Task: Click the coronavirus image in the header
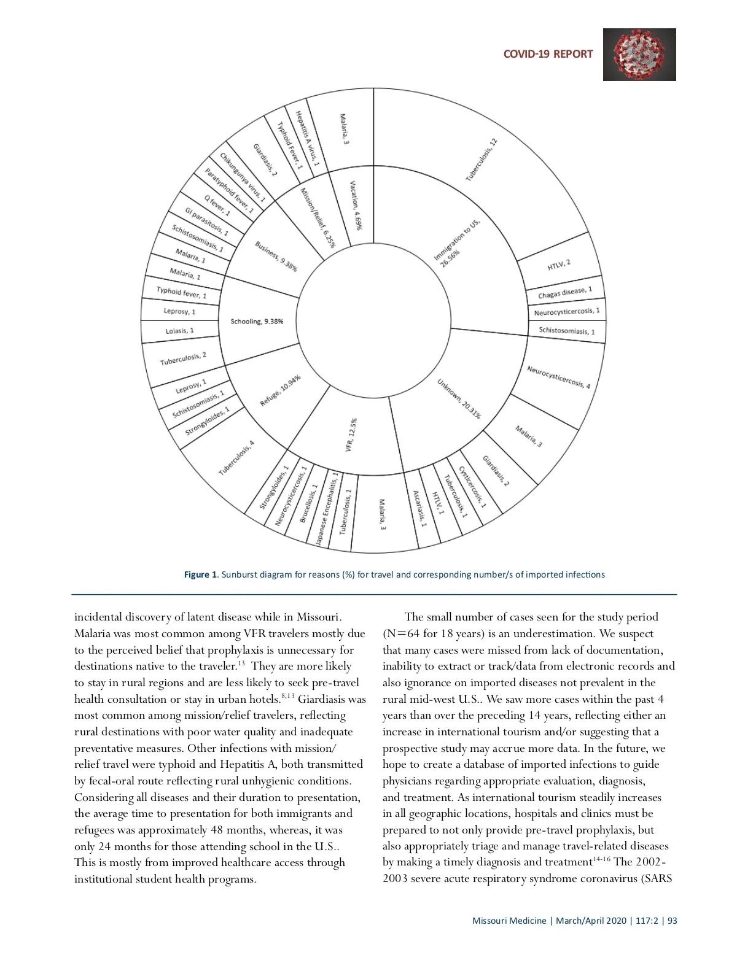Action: coord(639,55)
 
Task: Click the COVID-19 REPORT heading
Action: coord(548,54)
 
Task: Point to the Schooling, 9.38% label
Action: coord(257,322)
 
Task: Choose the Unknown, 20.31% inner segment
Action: coord(459,398)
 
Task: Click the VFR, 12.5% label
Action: coord(351,435)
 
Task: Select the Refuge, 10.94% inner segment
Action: coord(280,391)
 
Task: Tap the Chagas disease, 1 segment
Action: coord(565,293)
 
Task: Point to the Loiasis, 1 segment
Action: coord(179,331)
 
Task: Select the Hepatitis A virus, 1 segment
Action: coord(306,138)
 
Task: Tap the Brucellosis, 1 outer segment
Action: coord(308,503)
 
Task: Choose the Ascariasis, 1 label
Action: coord(419,509)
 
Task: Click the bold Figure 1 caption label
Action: coord(200,574)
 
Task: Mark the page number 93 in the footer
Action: coord(672,921)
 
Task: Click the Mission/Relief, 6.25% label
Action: coord(318,217)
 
